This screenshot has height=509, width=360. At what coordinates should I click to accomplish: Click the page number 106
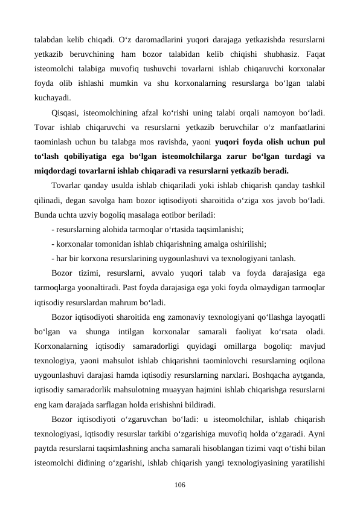coord(180,485)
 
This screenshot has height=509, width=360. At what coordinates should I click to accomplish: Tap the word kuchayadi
coord(53,96)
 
